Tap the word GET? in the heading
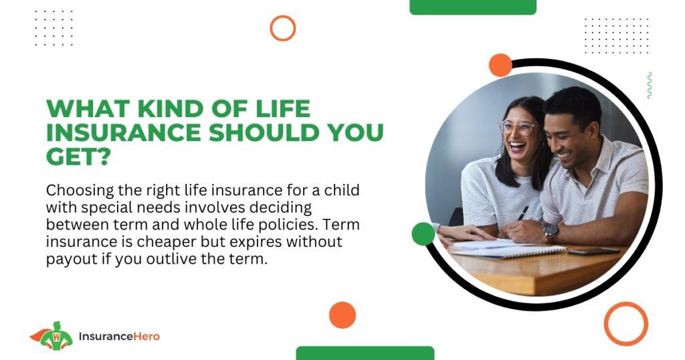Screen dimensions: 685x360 78,157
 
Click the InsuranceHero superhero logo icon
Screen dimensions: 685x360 52,336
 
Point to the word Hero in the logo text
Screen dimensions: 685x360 146,337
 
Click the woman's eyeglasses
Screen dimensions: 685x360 518,127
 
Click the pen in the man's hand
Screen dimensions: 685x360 522,213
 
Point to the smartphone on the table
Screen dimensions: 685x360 594,251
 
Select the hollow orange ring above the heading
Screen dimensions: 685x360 283,16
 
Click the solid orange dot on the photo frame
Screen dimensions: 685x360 500,65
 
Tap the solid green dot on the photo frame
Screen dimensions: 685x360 423,234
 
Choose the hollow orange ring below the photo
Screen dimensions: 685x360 626,303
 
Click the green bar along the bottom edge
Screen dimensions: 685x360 365,353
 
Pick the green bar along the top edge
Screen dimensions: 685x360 473,7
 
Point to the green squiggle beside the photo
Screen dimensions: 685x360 649,85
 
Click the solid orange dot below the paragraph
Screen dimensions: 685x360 342,315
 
